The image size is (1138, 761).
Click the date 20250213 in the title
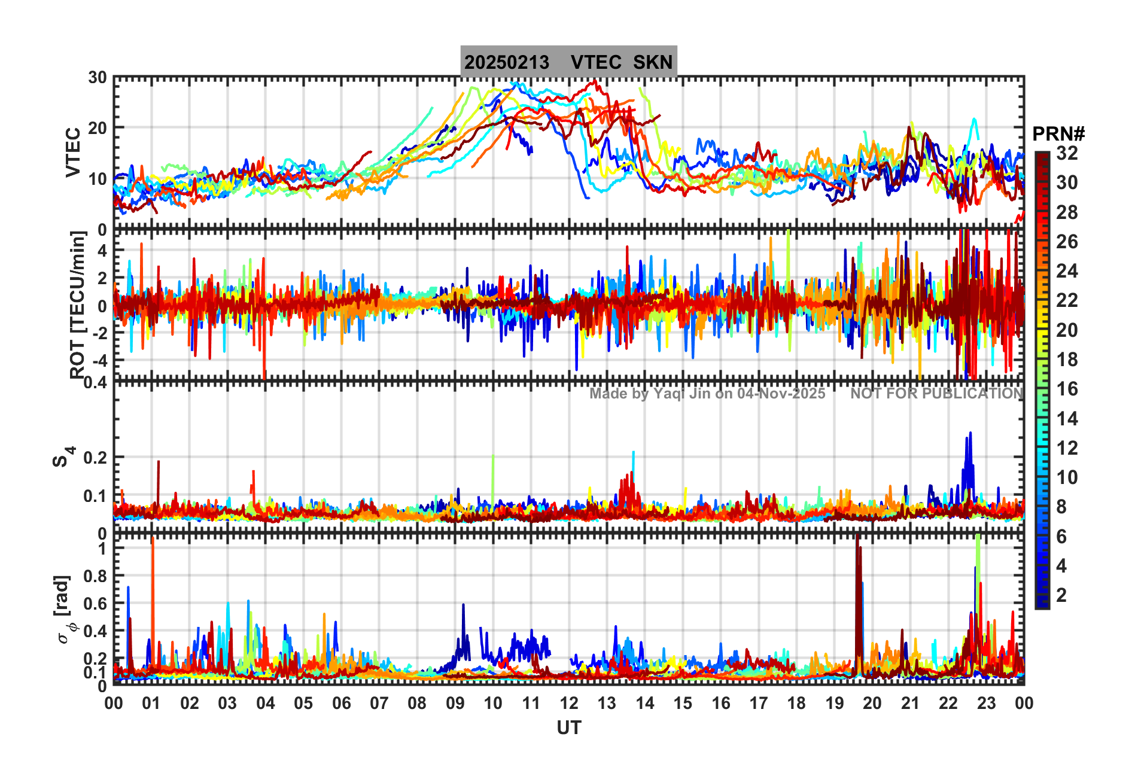[507, 62]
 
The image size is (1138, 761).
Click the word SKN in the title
[653, 62]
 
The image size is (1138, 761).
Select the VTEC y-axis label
[73, 153]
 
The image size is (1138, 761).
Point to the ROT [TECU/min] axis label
[78, 305]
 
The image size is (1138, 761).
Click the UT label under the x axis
[568, 727]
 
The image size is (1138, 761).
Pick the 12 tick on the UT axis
[568, 703]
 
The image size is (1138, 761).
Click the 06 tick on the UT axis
[341, 703]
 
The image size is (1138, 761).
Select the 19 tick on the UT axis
[834, 703]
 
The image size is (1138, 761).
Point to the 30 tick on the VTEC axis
[98, 77]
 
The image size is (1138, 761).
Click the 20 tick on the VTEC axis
[98, 128]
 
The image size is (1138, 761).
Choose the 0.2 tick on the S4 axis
[95, 458]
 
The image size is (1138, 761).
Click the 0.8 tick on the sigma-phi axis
[95, 576]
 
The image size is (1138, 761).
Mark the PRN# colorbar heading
[1058, 133]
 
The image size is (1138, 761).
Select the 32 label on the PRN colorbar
[1067, 153]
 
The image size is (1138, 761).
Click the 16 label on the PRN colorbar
[1067, 389]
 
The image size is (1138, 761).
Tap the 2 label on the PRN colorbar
[1061, 595]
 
